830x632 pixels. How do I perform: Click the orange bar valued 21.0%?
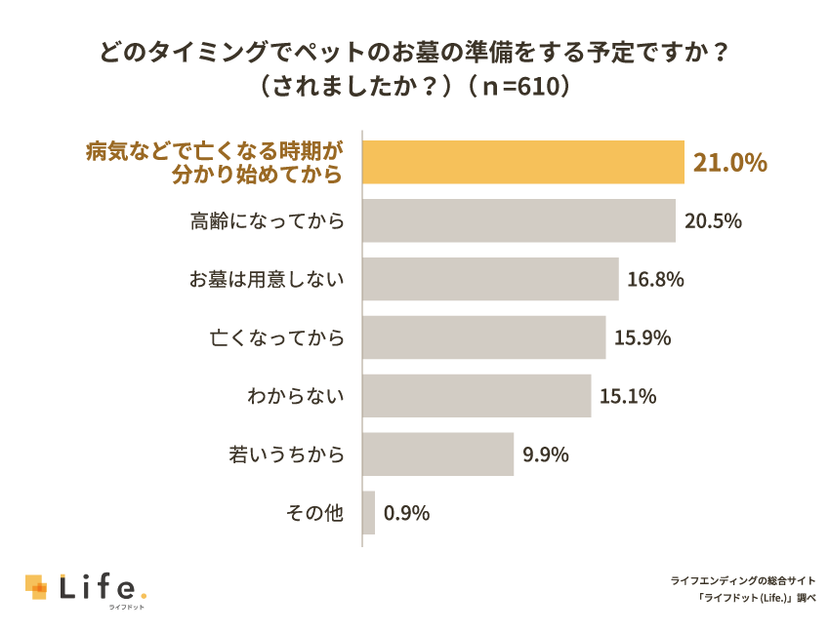pyautogui.click(x=523, y=162)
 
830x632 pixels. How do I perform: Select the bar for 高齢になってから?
pyautogui.click(x=519, y=220)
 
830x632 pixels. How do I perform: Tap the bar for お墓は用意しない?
pyautogui.click(x=490, y=279)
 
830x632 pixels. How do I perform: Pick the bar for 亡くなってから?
pyautogui.click(x=483, y=337)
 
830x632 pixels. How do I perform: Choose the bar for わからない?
pyautogui.click(x=477, y=396)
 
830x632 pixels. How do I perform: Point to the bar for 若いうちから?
pyautogui.click(x=438, y=454)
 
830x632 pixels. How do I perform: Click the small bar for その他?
pyautogui.click(x=369, y=513)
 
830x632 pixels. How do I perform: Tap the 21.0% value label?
pyautogui.click(x=729, y=163)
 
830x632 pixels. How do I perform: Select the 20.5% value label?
pyautogui.click(x=713, y=221)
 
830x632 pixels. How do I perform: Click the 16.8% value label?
pyautogui.click(x=655, y=280)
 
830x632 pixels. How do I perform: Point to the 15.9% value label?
pyautogui.click(x=643, y=338)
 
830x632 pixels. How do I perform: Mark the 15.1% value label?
pyautogui.click(x=628, y=397)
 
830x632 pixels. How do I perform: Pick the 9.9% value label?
pyautogui.click(x=545, y=455)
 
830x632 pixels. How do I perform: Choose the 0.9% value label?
pyautogui.click(x=406, y=514)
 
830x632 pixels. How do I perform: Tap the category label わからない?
pyautogui.click(x=296, y=397)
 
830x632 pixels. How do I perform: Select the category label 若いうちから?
pyautogui.click(x=286, y=455)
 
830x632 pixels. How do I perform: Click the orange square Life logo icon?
pyautogui.click(x=36, y=586)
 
